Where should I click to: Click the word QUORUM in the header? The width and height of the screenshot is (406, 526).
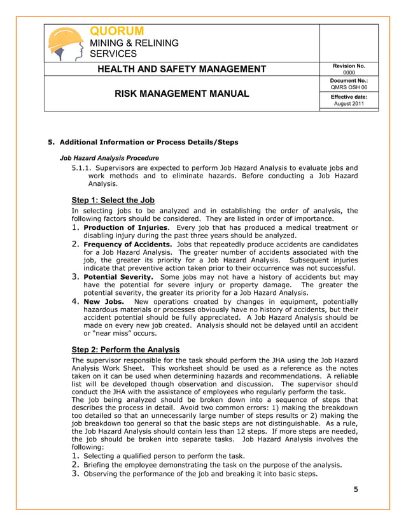coord(117,31)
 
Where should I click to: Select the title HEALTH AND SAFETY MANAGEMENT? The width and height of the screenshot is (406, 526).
coord(181,69)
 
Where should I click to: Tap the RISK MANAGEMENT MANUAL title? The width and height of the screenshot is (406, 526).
coord(181,94)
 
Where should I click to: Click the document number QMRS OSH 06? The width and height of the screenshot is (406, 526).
coord(348,88)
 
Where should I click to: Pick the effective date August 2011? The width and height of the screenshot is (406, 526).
coord(348,103)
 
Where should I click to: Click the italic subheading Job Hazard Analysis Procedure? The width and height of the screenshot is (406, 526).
coord(109,157)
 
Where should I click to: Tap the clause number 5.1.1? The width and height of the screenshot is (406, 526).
coord(81,167)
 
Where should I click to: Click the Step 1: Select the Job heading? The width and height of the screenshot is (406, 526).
coord(113,199)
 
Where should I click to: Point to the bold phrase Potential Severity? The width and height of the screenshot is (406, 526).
coord(118,277)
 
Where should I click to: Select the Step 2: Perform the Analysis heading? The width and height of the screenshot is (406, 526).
coord(126,350)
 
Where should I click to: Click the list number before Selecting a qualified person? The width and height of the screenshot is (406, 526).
coord(75,455)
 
